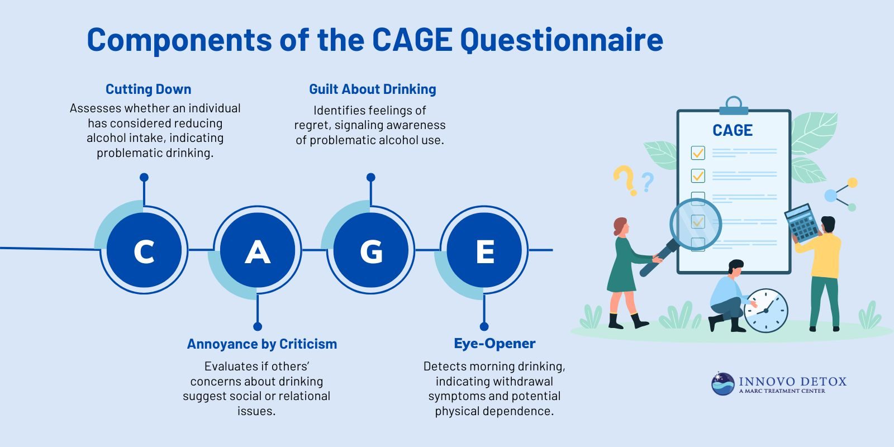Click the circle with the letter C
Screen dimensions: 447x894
(144, 250)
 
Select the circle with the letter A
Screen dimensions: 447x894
(258, 250)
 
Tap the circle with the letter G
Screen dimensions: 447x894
(371, 250)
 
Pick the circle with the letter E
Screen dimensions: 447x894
(484, 250)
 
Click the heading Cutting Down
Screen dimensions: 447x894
(148, 89)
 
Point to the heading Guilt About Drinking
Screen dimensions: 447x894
(372, 89)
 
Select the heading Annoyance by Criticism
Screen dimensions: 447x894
(261, 344)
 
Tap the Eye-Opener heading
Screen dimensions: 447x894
(494, 344)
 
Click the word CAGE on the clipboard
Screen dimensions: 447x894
(732, 131)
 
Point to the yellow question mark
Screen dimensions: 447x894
(625, 179)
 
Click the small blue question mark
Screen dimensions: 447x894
(648, 182)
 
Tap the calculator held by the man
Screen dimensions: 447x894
(802, 222)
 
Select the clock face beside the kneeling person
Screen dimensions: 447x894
(766, 311)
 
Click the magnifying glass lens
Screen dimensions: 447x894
(696, 224)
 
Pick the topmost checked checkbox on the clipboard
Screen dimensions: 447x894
(698, 153)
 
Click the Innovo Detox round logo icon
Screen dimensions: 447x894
(722, 384)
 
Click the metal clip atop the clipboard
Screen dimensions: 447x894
(734, 106)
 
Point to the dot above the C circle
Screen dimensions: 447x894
(144, 178)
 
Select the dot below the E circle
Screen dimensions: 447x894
(484, 326)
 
